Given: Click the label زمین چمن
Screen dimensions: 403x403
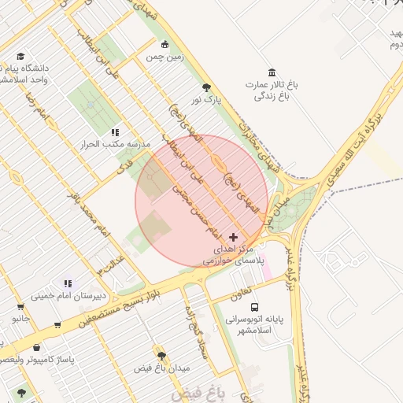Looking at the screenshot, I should click(x=164, y=57).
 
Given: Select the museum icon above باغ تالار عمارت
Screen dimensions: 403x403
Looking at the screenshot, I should click(x=272, y=72).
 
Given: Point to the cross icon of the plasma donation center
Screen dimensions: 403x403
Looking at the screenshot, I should click(x=233, y=236).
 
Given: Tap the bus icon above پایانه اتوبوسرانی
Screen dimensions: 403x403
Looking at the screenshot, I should click(x=253, y=307).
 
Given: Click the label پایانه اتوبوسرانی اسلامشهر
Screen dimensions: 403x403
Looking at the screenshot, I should click(x=259, y=325).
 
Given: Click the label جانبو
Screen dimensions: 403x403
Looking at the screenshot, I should click(x=20, y=319).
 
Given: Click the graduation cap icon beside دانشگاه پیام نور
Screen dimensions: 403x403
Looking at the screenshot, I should click(x=20, y=57).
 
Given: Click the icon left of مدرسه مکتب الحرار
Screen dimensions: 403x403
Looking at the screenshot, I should click(x=115, y=133).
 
